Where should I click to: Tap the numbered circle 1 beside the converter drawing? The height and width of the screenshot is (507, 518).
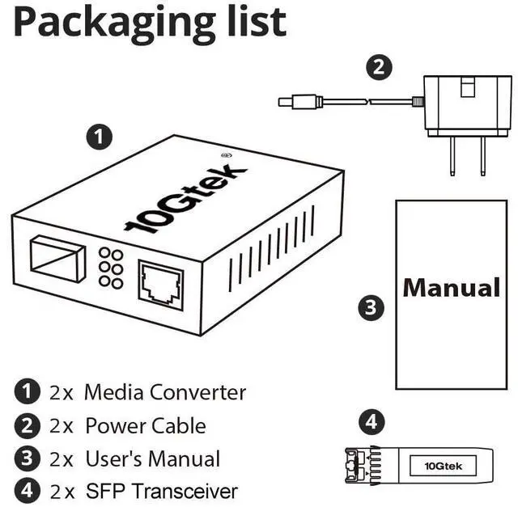pos(99,137)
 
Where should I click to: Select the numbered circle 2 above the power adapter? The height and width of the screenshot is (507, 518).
pos(380,67)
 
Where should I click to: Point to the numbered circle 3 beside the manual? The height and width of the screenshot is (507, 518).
pos(372,307)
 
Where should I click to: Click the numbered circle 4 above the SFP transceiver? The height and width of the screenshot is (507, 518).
pos(372,422)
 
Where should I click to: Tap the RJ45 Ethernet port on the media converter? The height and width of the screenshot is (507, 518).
pos(160,285)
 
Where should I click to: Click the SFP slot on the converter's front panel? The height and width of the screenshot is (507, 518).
pos(57,259)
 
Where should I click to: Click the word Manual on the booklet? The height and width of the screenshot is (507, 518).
pos(452,288)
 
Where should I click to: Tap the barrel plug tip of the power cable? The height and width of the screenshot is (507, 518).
pos(284,102)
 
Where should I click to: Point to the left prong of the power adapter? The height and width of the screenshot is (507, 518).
pos(452,156)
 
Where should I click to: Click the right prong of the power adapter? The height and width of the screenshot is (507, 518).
pos(482,156)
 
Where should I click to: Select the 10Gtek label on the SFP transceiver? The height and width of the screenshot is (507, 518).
pos(443,466)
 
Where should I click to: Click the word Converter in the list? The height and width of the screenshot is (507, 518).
pos(198,393)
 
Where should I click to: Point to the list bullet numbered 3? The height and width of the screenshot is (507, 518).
pos(27,458)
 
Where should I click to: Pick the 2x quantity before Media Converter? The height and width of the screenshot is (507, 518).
pos(62,393)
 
